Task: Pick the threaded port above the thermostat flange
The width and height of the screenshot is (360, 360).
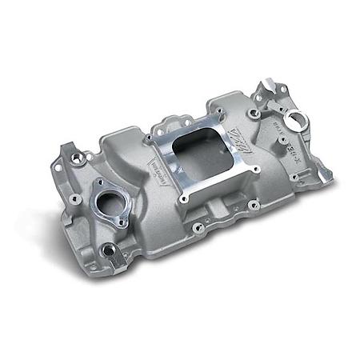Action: pos(81,158)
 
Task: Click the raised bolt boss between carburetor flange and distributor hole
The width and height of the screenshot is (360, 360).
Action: pos(254,114)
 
